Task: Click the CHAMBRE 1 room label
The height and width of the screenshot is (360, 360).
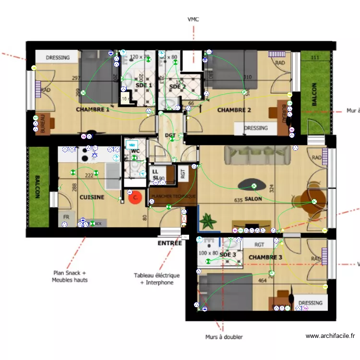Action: pos(93,110)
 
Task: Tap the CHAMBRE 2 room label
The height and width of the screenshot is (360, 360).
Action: pos(234,110)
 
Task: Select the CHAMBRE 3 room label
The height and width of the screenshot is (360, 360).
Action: pos(265,258)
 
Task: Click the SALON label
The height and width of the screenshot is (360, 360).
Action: pos(253,199)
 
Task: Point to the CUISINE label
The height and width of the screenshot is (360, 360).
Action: pos(92,197)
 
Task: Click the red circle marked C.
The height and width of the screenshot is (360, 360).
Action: pos(136,197)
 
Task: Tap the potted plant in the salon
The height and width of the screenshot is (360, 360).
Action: pos(208,221)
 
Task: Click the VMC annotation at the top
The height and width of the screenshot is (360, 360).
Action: pos(193,20)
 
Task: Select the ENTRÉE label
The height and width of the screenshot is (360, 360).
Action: pos(170,243)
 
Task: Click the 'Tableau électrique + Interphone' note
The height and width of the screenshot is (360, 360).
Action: pos(156,279)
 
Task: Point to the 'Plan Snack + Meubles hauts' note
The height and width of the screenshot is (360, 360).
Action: pos(70,276)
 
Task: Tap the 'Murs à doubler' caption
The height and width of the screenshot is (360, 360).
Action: pos(224,337)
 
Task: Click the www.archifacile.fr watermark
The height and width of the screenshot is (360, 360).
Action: pos(330,336)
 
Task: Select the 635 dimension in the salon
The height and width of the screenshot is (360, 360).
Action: pos(238,200)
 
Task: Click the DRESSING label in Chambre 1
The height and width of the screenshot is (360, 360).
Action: pos(58,58)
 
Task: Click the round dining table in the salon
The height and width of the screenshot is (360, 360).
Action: pos(312,197)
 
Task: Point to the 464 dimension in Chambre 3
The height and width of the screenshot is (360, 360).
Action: pos(262,281)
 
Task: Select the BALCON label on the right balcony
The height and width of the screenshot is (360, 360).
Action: pos(314,95)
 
